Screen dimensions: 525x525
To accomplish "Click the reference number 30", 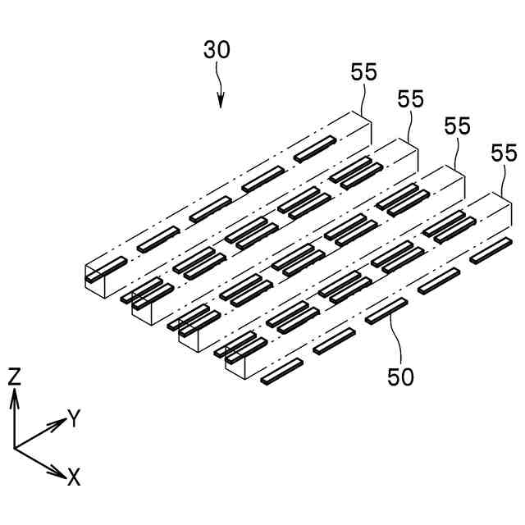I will point(217,50).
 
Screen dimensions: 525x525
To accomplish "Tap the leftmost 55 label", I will point(364,72).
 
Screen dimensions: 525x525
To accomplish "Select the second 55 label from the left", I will point(410,99).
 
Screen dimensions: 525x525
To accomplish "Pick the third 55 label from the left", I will point(457,126).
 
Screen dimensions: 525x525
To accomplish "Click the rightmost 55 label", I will point(503,153).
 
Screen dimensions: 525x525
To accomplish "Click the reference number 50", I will point(401,377).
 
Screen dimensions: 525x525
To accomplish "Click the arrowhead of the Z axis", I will point(14,395).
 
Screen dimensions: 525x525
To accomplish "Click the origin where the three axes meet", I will point(15,448).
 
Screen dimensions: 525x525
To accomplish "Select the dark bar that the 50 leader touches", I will point(386,311).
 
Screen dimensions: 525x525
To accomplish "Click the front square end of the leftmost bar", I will point(98,279).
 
